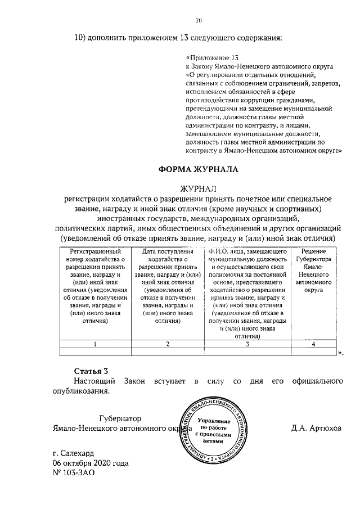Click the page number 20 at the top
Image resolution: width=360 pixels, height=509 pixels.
click(199, 21)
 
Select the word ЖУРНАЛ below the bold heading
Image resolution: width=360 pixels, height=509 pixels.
click(198, 188)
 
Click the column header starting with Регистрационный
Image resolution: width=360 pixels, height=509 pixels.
click(95, 287)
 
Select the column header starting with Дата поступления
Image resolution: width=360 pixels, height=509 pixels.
click(167, 287)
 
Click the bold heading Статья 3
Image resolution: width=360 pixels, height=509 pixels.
click(91, 371)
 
